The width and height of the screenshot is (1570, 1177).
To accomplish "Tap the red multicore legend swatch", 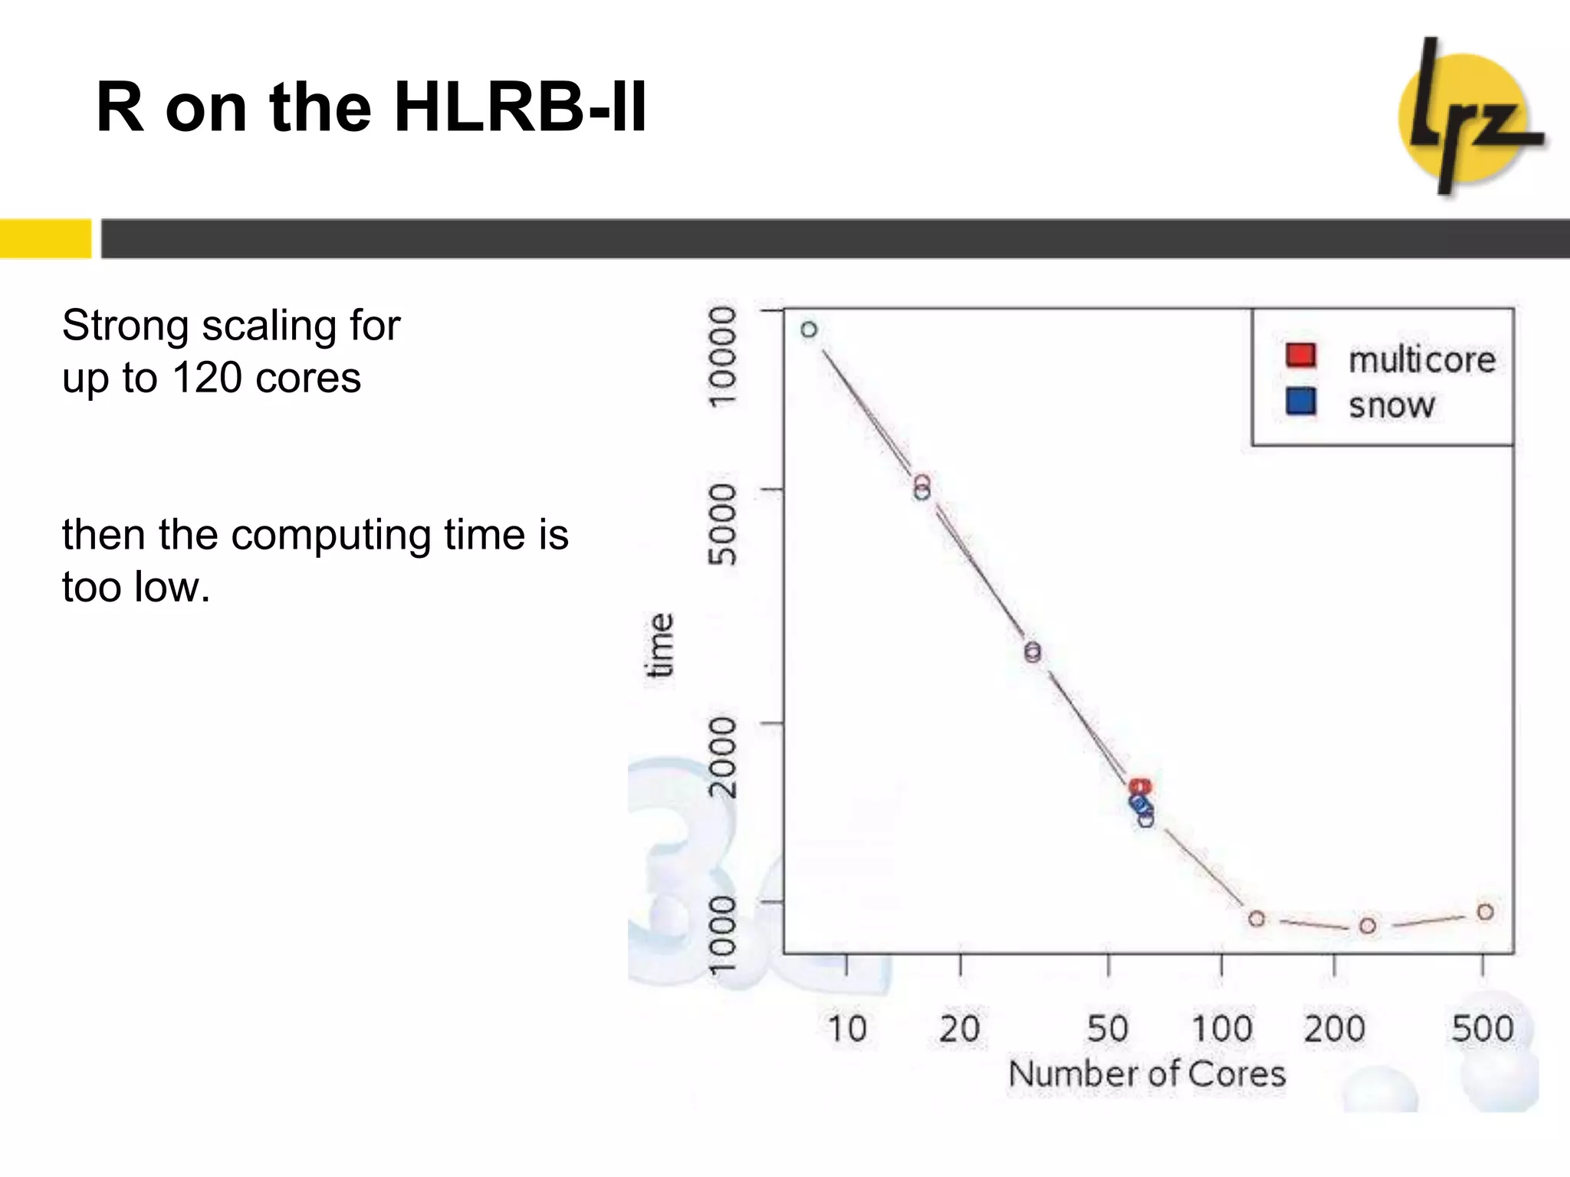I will [x=1300, y=356].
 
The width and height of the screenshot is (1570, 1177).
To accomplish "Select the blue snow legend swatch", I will [x=1300, y=401].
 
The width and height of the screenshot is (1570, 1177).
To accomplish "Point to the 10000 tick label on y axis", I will [x=722, y=356].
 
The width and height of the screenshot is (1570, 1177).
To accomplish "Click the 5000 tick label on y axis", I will [x=722, y=524].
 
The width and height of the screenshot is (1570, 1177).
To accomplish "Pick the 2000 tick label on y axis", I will [x=722, y=757].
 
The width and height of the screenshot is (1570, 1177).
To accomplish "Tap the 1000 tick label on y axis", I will [x=722, y=935].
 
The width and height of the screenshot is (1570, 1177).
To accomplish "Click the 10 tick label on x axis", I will [x=846, y=1028].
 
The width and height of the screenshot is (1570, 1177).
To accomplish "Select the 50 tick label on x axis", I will [x=1108, y=1028].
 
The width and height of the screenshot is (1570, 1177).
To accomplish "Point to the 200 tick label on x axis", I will [x=1334, y=1028].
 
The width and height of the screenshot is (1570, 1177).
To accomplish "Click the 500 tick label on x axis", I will [x=1482, y=1028].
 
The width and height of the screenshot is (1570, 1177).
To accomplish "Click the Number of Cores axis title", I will [x=1147, y=1074].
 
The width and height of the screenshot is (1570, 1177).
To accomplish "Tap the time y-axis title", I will [x=660, y=645].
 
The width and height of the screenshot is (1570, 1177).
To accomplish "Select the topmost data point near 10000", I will [x=809, y=329].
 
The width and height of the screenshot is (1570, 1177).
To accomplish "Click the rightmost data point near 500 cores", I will [x=1485, y=912].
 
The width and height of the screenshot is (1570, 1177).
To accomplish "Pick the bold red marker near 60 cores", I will [x=1140, y=787].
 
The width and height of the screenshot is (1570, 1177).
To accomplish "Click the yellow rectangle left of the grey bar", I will [x=45, y=238].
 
